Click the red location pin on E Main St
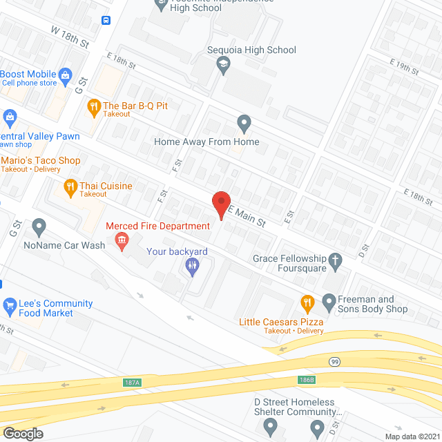[x=220, y=204]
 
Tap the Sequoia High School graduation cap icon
[x=223, y=66]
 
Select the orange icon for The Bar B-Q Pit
[x=93, y=107]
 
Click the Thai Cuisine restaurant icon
[x=70, y=186]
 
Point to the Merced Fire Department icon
[x=122, y=241]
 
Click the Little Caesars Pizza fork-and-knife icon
[x=307, y=302]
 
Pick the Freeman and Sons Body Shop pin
[x=328, y=301]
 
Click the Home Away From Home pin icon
[x=243, y=124]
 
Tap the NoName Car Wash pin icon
[x=39, y=227]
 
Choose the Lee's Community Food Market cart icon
[x=10, y=305]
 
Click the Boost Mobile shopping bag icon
[x=65, y=74]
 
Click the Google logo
[x=22, y=434]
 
